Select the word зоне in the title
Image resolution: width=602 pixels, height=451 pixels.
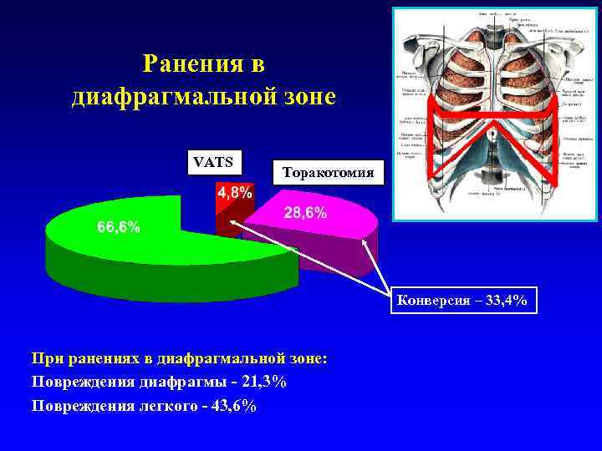303,97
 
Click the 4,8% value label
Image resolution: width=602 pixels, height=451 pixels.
235,193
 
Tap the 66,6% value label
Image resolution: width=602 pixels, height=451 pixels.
119,227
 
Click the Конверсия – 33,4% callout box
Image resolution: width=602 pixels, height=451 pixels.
462,301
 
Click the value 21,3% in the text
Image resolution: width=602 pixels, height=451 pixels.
260,382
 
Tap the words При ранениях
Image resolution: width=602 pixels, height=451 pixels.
80,358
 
